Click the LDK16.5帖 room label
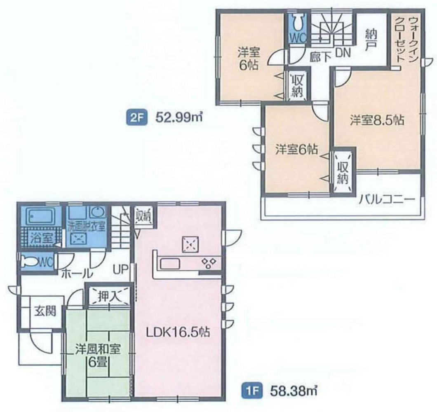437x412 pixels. pos(178,332)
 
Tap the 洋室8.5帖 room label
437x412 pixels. pos(377,120)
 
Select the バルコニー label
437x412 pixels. pos(386,200)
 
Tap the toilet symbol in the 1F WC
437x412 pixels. pos(31,262)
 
